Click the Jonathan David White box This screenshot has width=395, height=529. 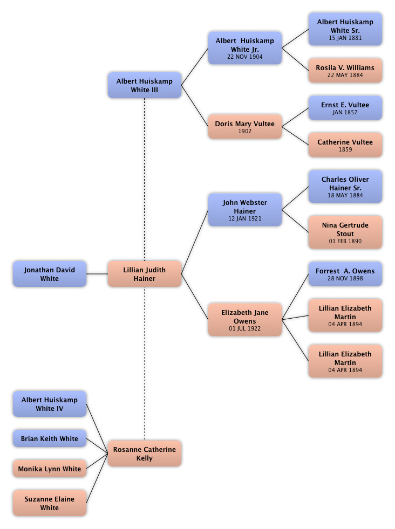(x=49, y=274)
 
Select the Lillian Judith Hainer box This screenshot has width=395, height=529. (x=144, y=274)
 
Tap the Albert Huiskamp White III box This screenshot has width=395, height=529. (x=144, y=85)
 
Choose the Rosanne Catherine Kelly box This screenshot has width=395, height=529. (x=144, y=454)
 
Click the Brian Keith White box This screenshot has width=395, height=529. (x=49, y=438)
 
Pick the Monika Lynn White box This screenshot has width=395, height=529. (x=49, y=469)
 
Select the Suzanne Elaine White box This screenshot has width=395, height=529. (x=49, y=503)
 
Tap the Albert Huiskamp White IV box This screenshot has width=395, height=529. (x=49, y=404)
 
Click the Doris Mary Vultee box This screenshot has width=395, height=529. (x=244, y=127)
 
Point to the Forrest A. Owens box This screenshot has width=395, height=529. (x=345, y=274)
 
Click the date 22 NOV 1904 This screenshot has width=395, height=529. (x=244, y=57)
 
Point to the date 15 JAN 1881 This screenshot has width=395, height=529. (x=345, y=38)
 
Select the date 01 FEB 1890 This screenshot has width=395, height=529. (x=345, y=242)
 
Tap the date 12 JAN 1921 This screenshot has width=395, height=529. (x=244, y=219)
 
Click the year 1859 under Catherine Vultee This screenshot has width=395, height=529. (x=345, y=150)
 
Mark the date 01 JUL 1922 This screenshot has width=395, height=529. (x=244, y=328)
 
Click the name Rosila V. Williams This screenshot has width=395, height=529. (x=345, y=68)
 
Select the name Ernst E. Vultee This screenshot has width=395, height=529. (x=345, y=105)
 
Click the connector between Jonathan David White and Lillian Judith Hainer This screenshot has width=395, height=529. (x=97, y=274)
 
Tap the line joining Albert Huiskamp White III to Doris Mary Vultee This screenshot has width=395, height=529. (x=195, y=105)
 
